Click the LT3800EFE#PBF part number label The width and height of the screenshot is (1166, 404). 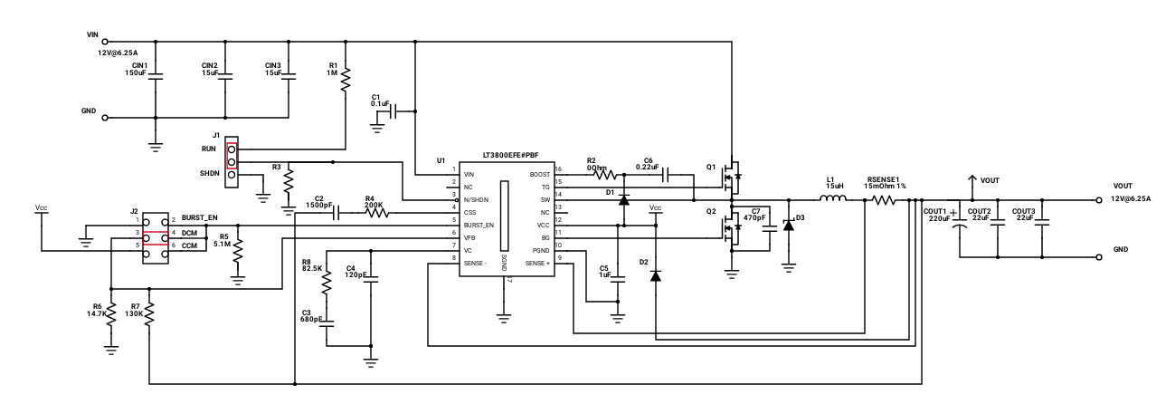click(504, 156)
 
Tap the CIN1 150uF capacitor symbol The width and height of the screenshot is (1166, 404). click(156, 79)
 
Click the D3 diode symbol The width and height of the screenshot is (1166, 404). click(788, 224)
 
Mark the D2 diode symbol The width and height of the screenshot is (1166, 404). click(655, 273)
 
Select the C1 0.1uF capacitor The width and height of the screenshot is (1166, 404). click(396, 111)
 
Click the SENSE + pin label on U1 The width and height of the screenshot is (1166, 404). click(536, 264)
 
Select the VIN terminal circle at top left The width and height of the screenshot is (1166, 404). click(105, 41)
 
